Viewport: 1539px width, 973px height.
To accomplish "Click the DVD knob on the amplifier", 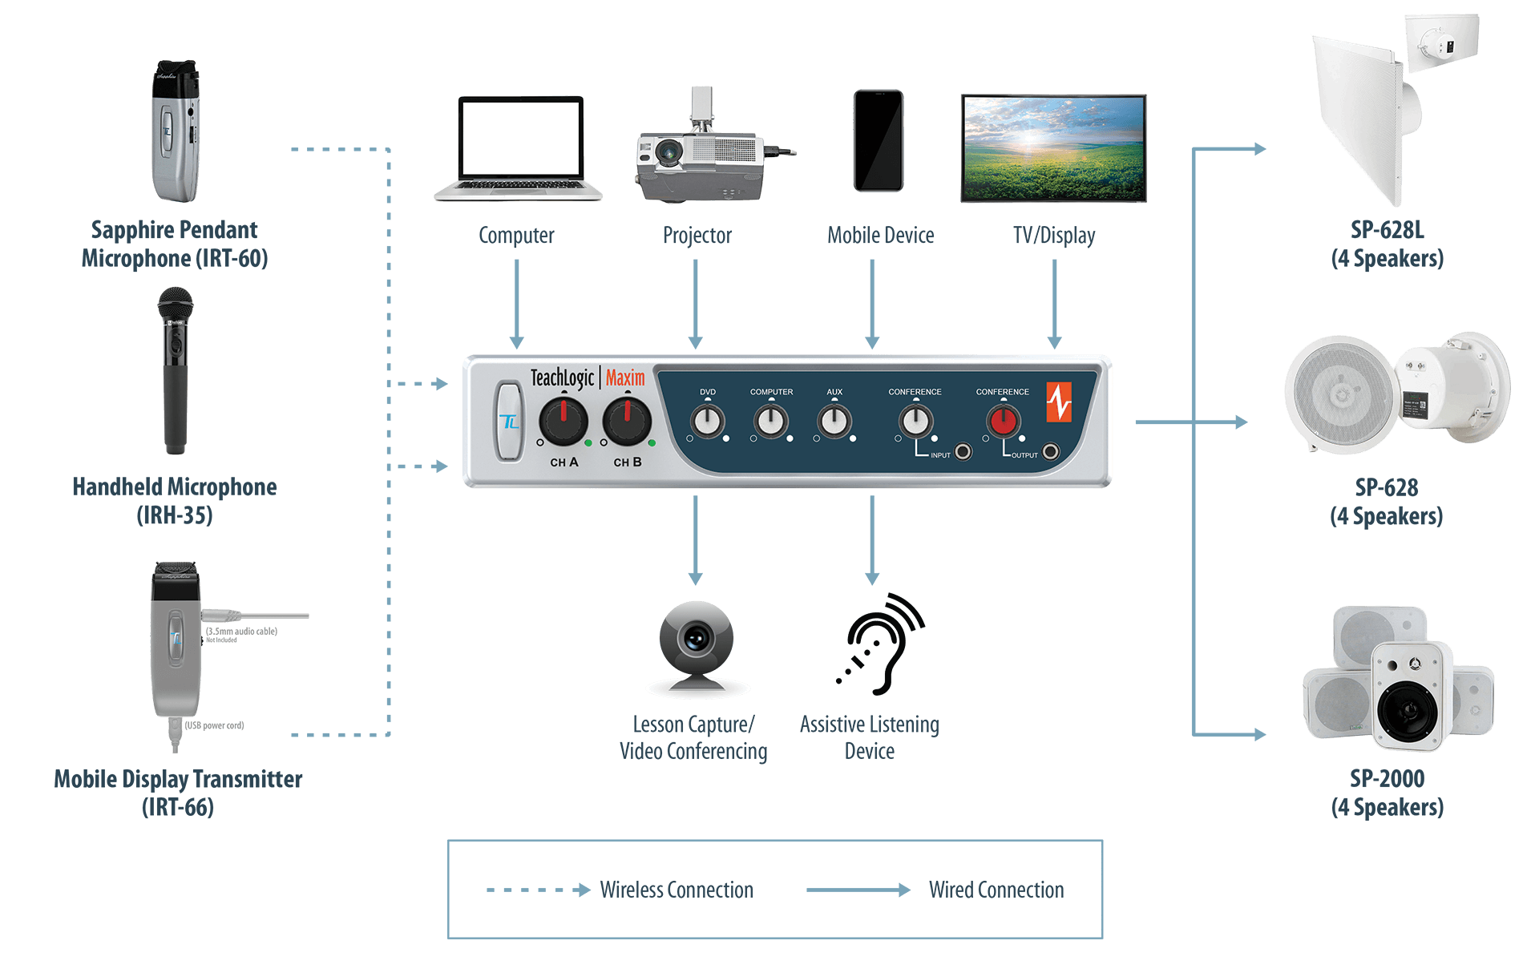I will [708, 422].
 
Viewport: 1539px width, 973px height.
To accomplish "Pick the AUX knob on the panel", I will [834, 422].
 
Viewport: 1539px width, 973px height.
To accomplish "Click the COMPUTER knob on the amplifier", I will [771, 422].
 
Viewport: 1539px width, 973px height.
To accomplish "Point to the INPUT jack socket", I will [963, 452].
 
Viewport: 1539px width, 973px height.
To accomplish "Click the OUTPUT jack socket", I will [1050, 452].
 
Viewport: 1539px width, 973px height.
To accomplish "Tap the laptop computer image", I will [519, 149].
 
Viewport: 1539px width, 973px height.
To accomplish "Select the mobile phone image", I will [879, 141].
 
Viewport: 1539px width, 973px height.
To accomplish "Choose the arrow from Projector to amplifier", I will [696, 305].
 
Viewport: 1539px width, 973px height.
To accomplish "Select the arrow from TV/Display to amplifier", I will [1055, 305].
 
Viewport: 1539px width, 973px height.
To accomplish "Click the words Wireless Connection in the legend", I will [677, 890].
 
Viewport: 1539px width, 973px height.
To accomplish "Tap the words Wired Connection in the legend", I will [996, 890].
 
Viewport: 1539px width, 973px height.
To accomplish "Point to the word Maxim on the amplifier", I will [625, 377].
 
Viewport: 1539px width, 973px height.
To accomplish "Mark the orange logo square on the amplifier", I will [1058, 402].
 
